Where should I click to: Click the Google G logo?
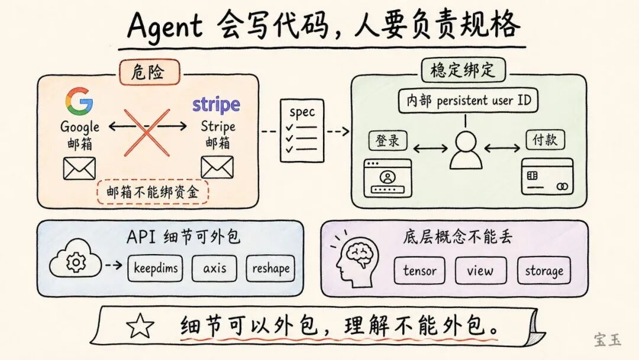coord(79,101)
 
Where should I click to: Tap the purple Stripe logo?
coord(216,105)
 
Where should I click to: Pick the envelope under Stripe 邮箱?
coord(217,167)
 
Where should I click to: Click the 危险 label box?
coord(149,72)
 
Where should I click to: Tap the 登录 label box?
coord(388,140)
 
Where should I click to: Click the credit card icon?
coord(547,177)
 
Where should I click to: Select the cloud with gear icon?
coord(75,262)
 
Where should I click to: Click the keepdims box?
coord(155,269)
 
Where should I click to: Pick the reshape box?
coord(270,269)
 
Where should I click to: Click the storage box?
coord(544,271)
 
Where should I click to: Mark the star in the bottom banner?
coord(141,326)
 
